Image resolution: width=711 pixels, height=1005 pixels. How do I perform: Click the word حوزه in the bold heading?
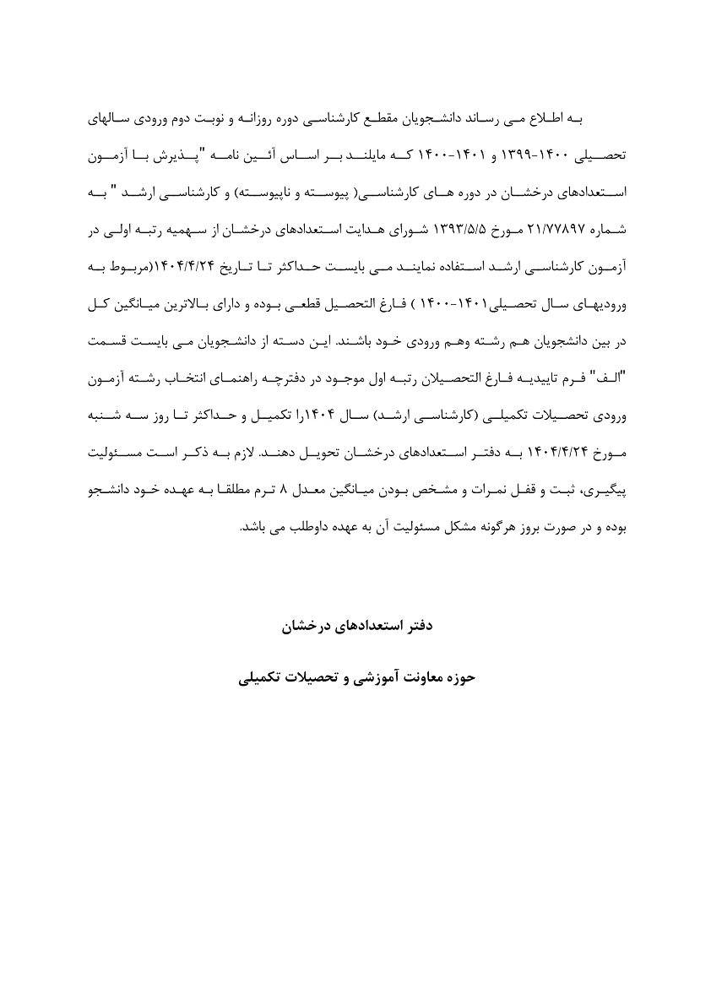coord(459,676)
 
